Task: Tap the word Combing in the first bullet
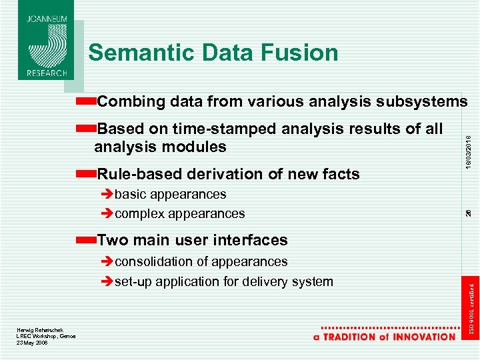click(131, 101)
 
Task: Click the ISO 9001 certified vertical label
click(471, 309)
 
